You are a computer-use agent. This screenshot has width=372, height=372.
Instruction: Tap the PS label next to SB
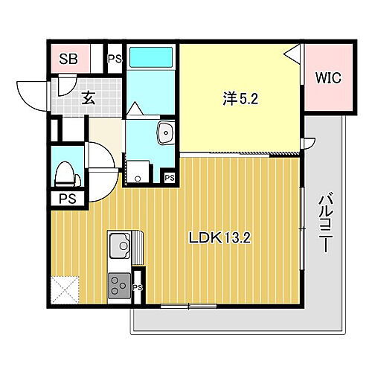click(115, 58)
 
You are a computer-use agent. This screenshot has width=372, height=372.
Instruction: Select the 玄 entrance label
click(88, 96)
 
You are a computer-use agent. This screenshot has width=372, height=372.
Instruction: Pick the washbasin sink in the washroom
click(164, 134)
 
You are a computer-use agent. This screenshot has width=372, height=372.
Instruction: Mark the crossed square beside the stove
click(64, 289)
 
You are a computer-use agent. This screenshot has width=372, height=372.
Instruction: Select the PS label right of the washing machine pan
click(170, 178)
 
